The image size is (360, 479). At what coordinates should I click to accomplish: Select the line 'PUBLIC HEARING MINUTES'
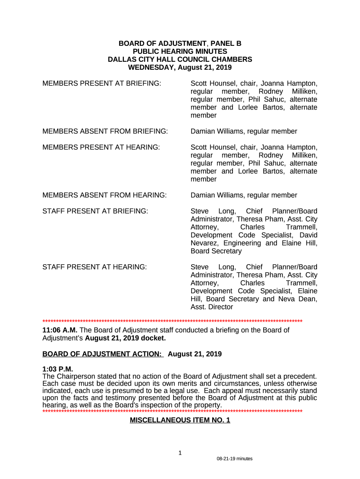click(180, 51)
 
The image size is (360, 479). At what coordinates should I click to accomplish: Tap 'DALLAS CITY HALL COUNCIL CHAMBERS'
click(180, 59)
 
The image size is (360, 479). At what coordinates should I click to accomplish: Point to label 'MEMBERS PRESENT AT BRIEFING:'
click(102, 83)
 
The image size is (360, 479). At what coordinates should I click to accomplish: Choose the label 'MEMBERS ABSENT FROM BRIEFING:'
click(105, 131)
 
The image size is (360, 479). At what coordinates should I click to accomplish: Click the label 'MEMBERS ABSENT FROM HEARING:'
click(104, 195)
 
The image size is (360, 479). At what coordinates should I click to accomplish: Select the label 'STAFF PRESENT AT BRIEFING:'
click(95, 211)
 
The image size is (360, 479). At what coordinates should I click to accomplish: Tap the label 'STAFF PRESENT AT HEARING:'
click(95, 267)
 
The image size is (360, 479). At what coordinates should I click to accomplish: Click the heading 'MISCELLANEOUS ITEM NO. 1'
click(180, 421)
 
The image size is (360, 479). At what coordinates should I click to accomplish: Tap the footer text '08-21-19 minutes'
click(234, 459)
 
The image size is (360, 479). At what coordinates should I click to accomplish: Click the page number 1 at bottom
click(180, 453)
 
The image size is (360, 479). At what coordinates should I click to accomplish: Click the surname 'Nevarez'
click(205, 243)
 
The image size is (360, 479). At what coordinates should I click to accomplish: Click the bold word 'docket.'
click(151, 338)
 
